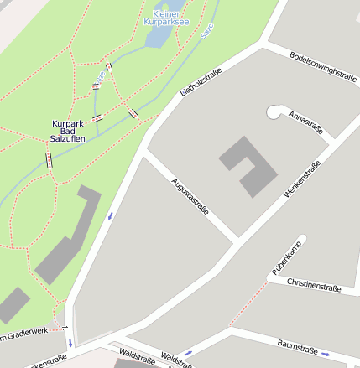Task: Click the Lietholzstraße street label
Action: click(x=201, y=83)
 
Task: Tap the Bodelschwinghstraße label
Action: click(x=323, y=65)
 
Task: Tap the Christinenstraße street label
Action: click(x=314, y=285)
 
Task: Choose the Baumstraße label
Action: click(x=297, y=347)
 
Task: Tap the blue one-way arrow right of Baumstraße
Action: click(x=325, y=354)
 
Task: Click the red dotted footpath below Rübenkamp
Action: click(x=245, y=308)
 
